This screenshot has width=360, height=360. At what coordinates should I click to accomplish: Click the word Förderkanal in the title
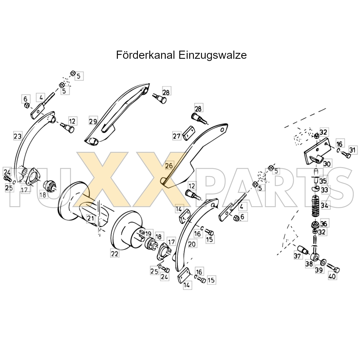tap(145, 55)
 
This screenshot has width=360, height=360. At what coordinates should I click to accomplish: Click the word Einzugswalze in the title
tap(213, 55)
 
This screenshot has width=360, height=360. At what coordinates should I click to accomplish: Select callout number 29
tap(93, 121)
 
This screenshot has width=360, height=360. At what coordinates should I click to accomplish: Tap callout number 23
tap(17, 136)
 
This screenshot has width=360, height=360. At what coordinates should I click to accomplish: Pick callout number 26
tap(169, 166)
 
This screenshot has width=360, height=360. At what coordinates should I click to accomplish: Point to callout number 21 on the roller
tap(91, 219)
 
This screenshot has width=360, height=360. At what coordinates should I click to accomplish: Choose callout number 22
tap(115, 254)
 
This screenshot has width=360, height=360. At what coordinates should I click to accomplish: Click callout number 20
tap(192, 244)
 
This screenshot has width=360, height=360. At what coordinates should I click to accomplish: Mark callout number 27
tap(177, 136)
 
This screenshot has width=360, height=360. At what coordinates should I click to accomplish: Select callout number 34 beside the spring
tap(325, 206)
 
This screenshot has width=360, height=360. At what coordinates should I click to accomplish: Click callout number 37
tap(297, 256)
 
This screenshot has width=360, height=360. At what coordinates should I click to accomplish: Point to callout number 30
tap(327, 164)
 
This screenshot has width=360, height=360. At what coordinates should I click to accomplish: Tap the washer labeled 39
tap(323, 262)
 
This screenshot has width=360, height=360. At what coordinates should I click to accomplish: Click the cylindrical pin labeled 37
tap(302, 250)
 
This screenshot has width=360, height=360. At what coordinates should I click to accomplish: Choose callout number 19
tap(148, 234)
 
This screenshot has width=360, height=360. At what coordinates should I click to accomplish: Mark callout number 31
tap(352, 150)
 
